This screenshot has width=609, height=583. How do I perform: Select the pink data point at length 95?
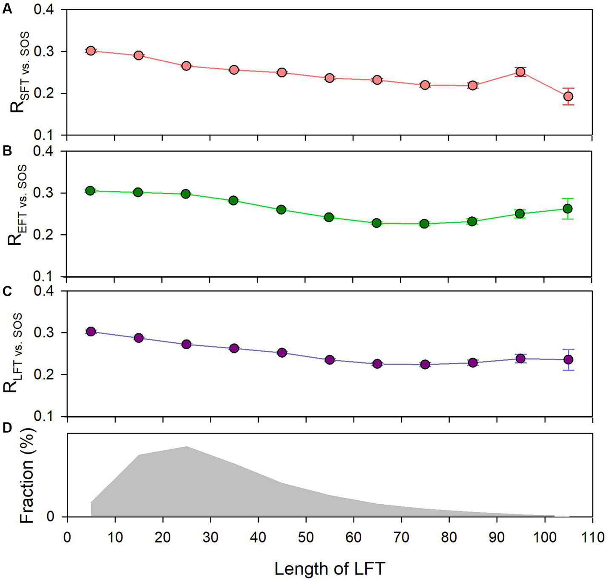pyautogui.click(x=520, y=72)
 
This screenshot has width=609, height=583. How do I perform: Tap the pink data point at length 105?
pyautogui.click(x=568, y=96)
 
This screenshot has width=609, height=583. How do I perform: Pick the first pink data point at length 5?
pyautogui.click(x=90, y=51)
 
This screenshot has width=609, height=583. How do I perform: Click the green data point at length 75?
pyautogui.click(x=425, y=224)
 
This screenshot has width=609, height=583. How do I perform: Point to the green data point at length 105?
pyautogui.click(x=568, y=209)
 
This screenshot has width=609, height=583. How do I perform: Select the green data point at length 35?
pyautogui.click(x=233, y=200)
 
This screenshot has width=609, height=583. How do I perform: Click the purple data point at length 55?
pyautogui.click(x=329, y=360)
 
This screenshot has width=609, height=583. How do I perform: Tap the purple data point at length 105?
pyautogui.click(x=568, y=359)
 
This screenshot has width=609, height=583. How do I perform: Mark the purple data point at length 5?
pyautogui.click(x=90, y=331)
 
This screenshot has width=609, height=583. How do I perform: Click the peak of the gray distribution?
pyautogui.click(x=186, y=447)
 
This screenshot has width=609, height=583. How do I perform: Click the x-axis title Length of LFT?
pyautogui.click(x=330, y=569)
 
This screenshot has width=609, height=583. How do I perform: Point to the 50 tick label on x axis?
pyautogui.click(x=305, y=537)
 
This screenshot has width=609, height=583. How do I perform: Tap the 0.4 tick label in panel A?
pyautogui.click(x=44, y=9)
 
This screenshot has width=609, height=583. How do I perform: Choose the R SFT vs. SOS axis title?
pyautogui.click(x=19, y=72)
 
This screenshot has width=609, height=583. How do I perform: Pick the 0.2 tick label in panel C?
pyautogui.click(x=44, y=374)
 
